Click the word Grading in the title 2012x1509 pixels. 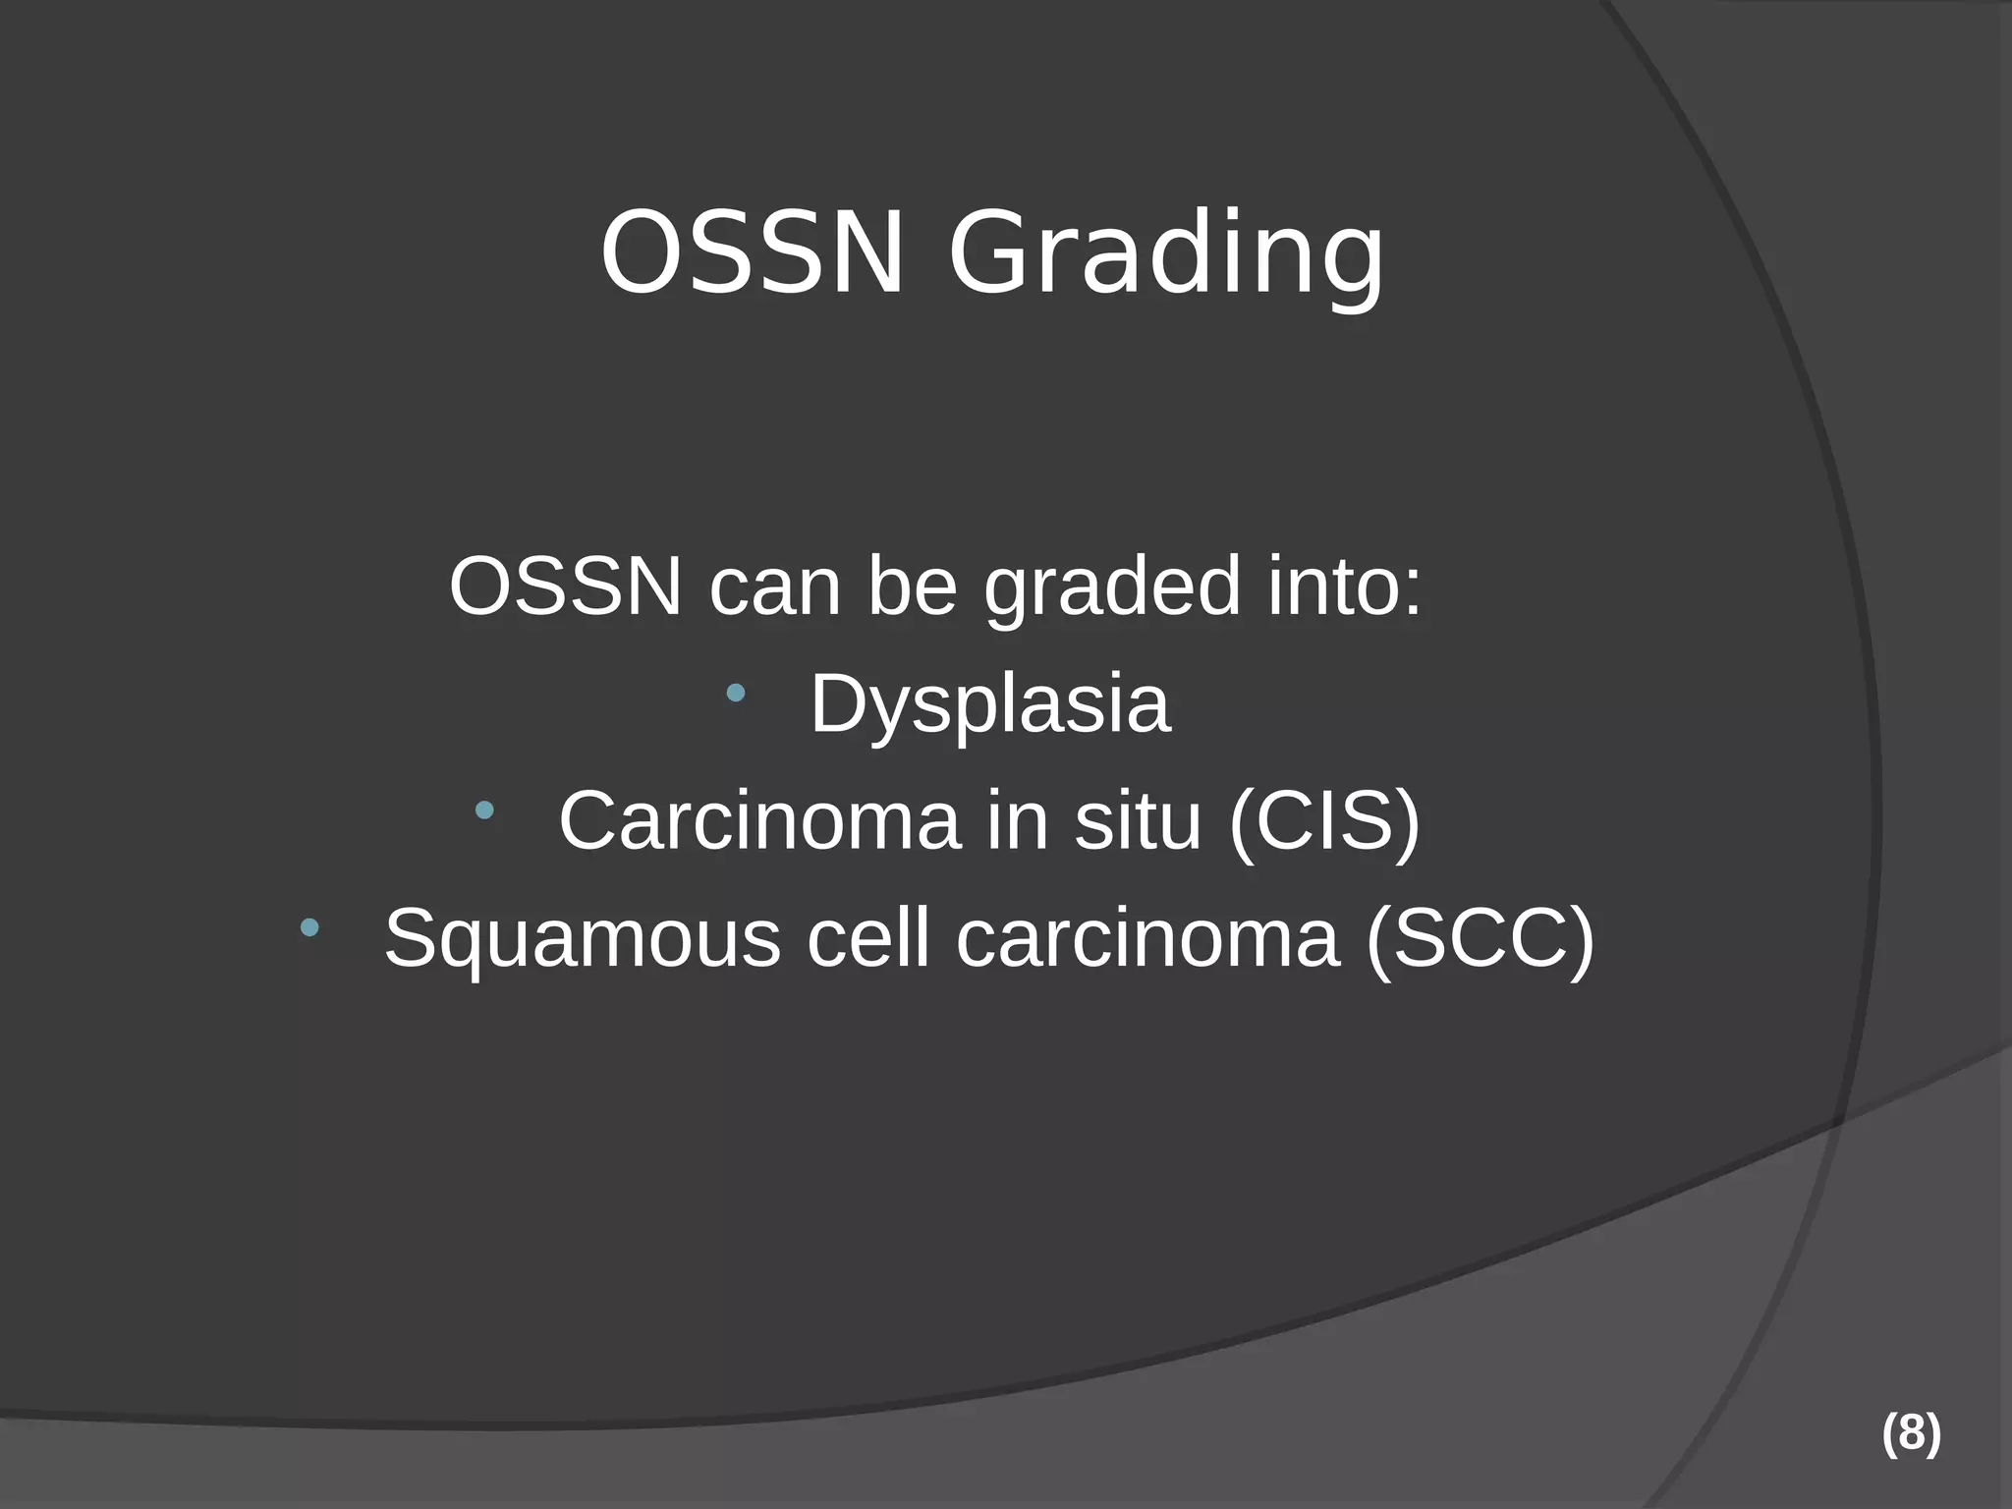pos(1165,257)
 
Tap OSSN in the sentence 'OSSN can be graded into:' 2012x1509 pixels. pos(565,587)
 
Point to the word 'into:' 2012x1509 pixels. pos(1344,587)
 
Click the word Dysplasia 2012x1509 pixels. pos(989,705)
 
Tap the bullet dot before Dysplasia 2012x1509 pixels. pos(735,694)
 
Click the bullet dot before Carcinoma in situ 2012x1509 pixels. pos(484,810)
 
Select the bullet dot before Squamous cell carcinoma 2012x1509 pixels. pos(309,927)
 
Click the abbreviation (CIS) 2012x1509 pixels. pos(1324,821)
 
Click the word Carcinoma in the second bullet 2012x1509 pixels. pos(758,821)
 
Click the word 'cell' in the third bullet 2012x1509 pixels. pos(867,939)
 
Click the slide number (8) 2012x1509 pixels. pos(1911,1434)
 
